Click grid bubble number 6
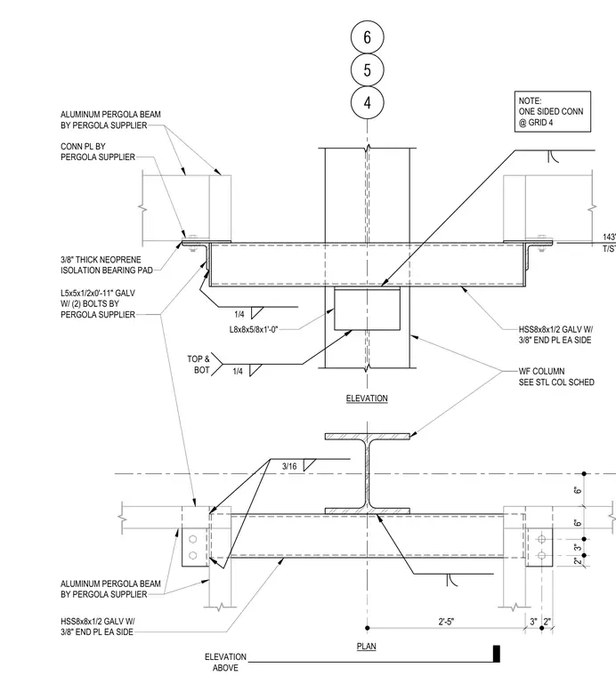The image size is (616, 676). point(367,37)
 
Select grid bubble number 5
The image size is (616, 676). point(367,70)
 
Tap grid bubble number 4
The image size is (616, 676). point(367,102)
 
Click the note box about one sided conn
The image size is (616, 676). point(553,112)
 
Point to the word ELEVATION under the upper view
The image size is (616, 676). point(367,398)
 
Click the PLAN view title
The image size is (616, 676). point(366,647)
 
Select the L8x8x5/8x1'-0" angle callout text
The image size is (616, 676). point(253,330)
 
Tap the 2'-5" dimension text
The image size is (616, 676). point(447,622)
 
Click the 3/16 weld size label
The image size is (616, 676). point(289,466)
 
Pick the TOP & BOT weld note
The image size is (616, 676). point(199,365)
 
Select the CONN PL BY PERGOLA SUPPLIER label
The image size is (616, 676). point(98,152)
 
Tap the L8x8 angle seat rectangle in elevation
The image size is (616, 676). point(367,310)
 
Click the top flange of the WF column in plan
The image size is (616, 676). point(367,437)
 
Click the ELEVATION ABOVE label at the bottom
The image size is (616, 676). point(225,662)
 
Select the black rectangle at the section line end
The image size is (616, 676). point(497,654)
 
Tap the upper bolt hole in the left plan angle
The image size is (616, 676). point(193,539)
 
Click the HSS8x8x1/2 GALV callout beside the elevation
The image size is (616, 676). point(555,334)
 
